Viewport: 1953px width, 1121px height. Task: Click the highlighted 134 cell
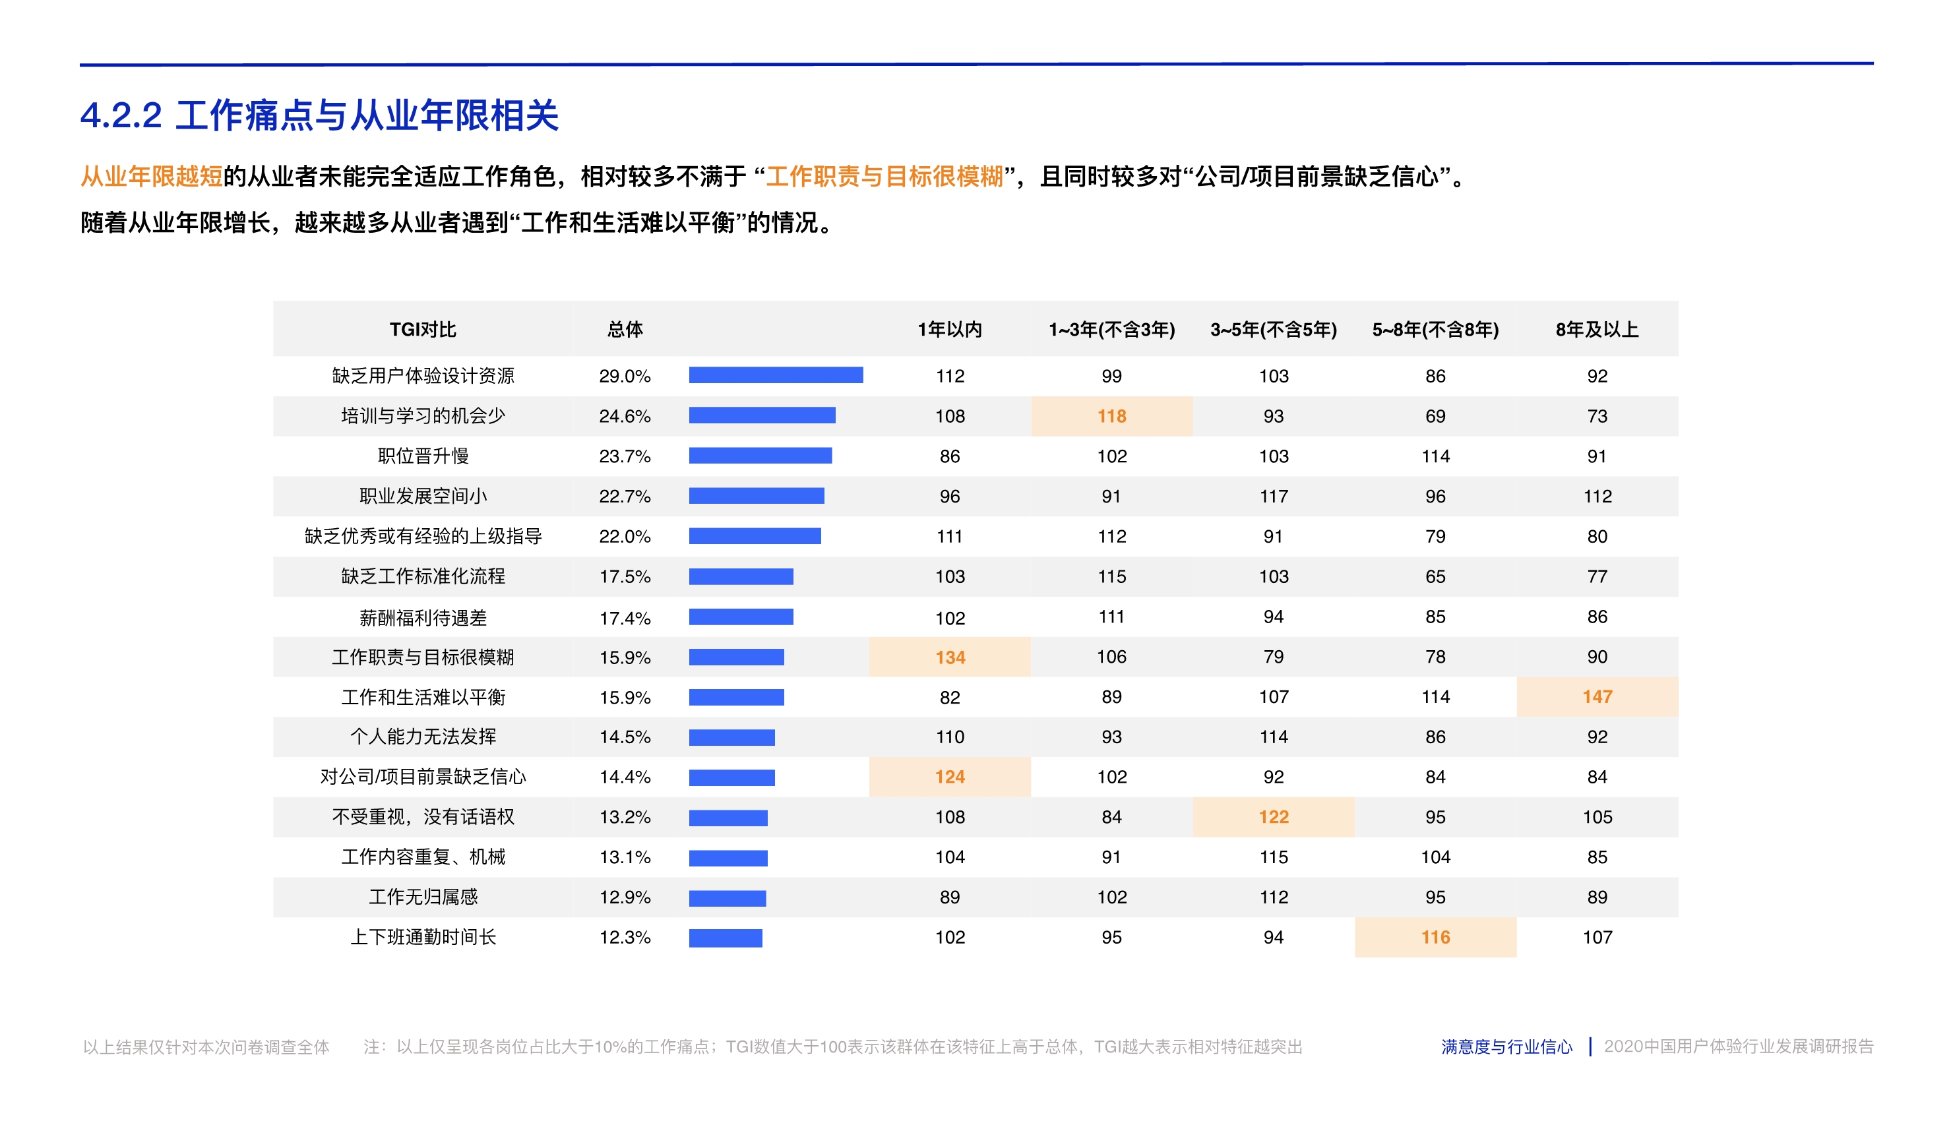(x=950, y=657)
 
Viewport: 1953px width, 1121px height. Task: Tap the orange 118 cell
(x=1111, y=415)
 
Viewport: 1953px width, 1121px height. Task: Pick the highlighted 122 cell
(x=1273, y=817)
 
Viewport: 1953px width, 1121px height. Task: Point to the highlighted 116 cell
(x=1435, y=937)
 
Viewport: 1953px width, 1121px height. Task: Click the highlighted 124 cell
(x=950, y=777)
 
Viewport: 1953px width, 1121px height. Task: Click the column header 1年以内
(x=950, y=330)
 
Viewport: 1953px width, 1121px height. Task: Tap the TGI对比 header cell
(x=423, y=330)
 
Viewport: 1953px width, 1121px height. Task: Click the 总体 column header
(x=625, y=330)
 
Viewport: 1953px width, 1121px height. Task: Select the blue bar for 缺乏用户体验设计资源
(x=776, y=375)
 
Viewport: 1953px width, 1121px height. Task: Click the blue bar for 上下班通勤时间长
(x=725, y=938)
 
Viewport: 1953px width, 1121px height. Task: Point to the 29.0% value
(x=625, y=376)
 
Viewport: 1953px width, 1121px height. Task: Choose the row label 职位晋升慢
(x=423, y=456)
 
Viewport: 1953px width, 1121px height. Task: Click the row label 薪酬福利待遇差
(x=423, y=617)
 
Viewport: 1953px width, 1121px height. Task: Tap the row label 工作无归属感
(x=423, y=897)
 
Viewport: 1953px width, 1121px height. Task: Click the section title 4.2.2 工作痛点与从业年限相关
(x=319, y=115)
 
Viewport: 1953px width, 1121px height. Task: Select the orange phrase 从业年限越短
(x=151, y=176)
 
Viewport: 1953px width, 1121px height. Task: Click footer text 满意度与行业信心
(x=1506, y=1046)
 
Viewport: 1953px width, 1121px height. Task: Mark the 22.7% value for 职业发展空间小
(x=625, y=497)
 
